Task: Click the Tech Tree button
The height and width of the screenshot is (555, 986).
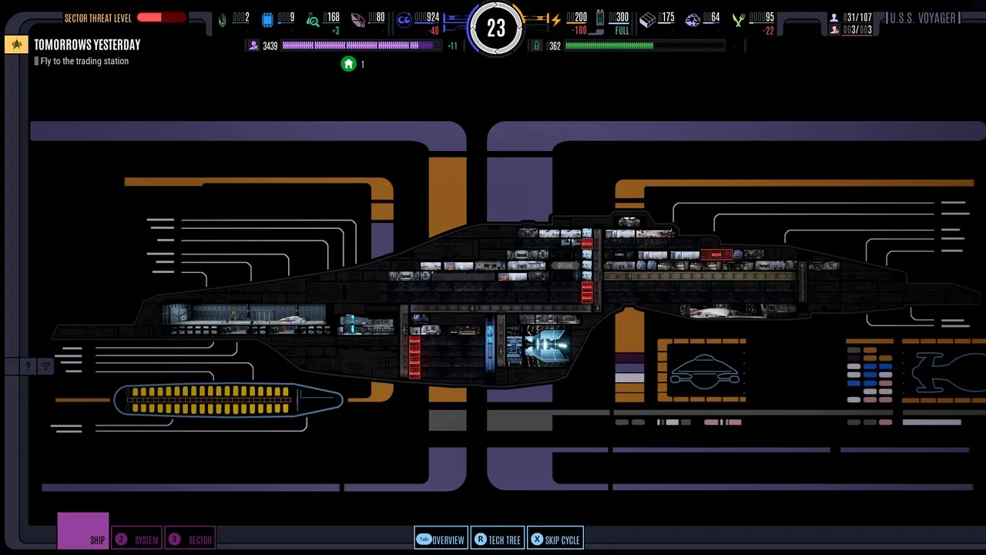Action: click(498, 540)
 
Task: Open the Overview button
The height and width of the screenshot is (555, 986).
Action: click(441, 540)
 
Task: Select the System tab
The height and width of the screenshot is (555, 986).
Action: click(137, 540)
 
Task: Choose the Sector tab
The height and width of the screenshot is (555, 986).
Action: click(190, 540)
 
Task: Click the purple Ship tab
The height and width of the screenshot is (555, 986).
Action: click(83, 531)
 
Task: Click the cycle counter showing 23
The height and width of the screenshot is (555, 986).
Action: click(496, 29)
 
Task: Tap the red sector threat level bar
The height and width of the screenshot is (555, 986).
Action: click(161, 18)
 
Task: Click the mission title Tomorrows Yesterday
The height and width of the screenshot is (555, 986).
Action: click(87, 45)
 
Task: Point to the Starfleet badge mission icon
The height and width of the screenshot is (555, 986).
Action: click(16, 45)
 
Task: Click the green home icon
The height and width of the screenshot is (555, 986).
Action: click(348, 64)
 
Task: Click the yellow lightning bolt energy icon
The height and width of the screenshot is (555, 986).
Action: click(555, 20)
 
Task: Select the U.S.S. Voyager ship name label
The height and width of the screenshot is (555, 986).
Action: click(923, 18)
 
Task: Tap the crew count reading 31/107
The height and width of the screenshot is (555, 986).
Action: click(857, 17)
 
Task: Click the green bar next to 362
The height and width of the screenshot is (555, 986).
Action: click(609, 46)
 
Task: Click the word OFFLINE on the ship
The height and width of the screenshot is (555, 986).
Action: click(565, 265)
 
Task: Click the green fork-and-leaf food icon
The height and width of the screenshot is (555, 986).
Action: click(738, 20)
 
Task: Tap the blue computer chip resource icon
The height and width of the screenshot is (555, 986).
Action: click(267, 20)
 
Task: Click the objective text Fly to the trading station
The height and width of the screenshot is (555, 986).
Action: click(85, 61)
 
